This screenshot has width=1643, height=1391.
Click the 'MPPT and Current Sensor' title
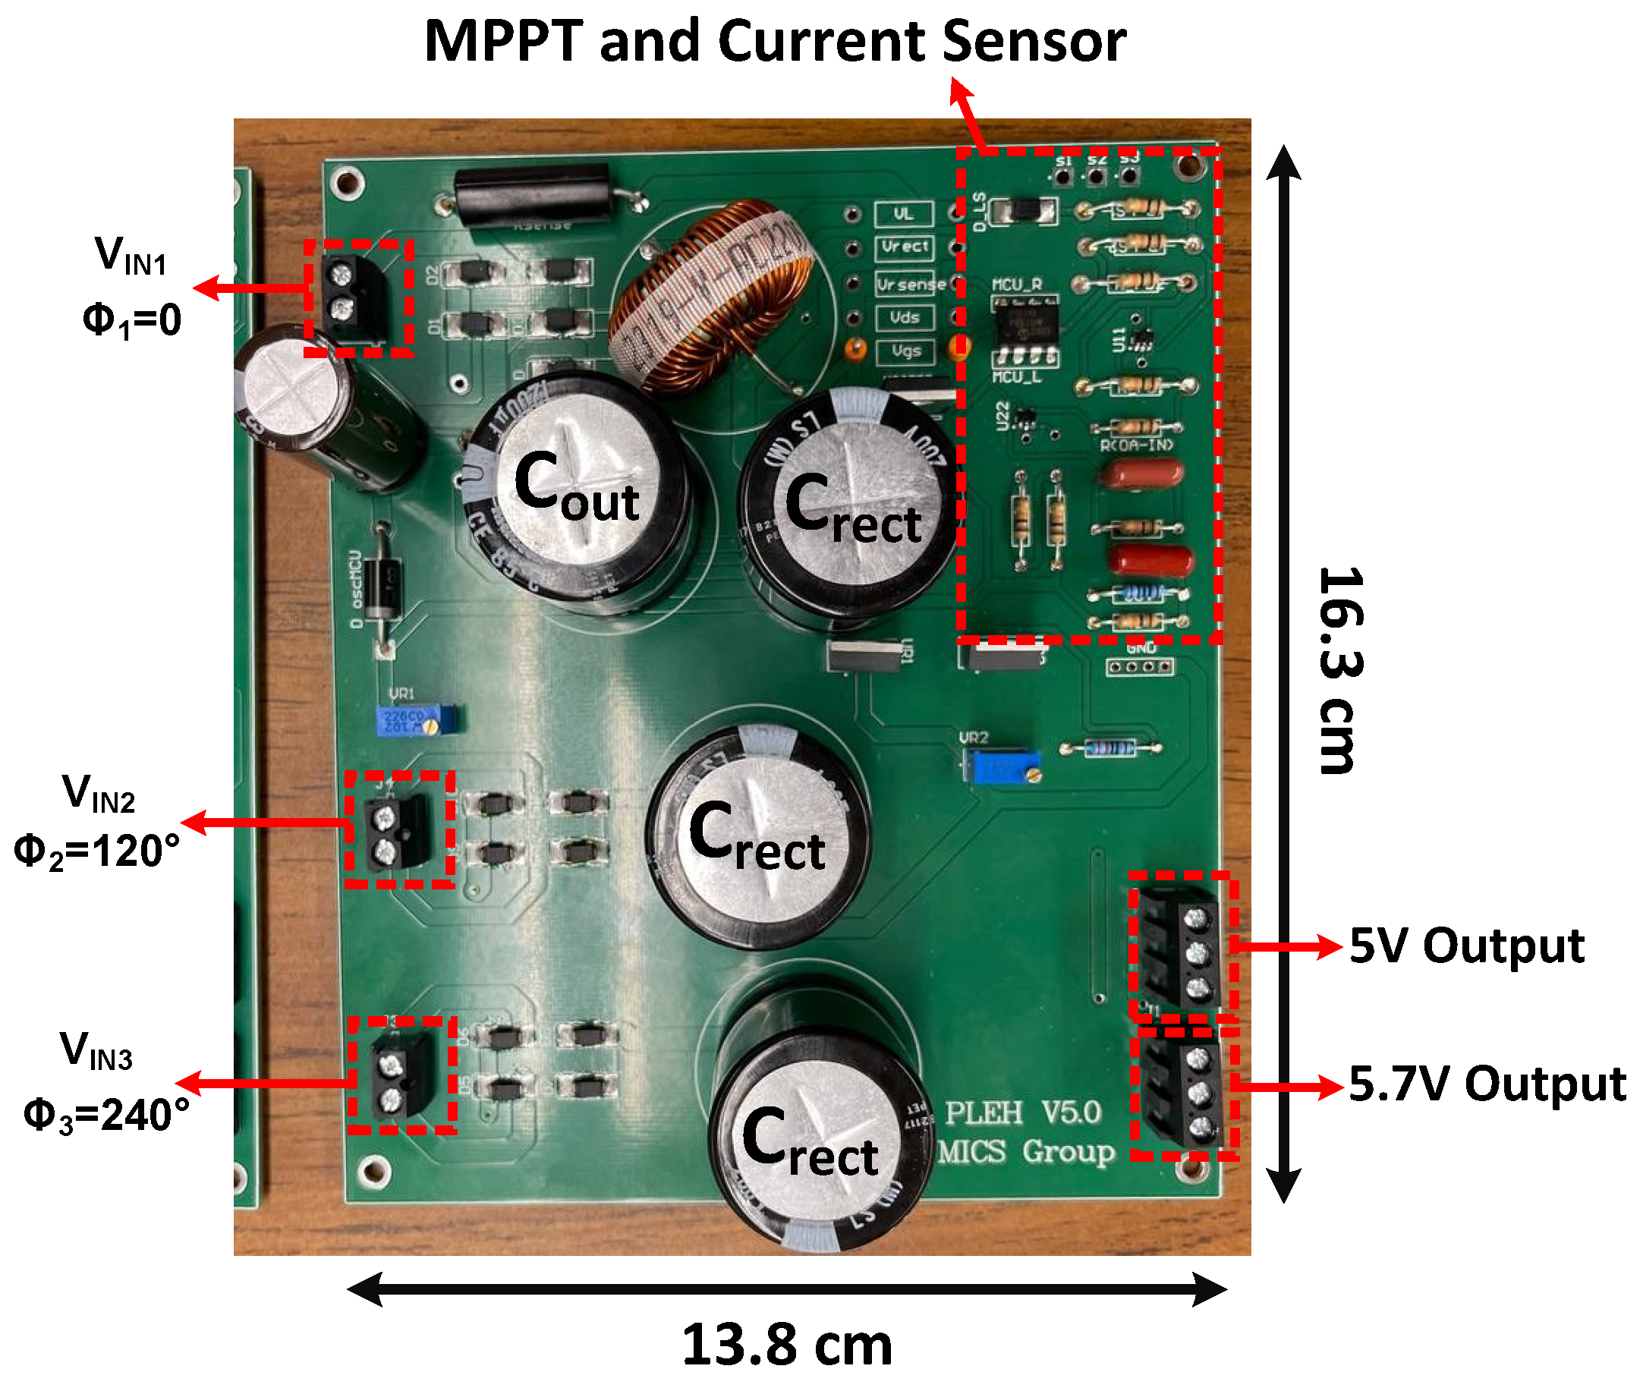pos(775,41)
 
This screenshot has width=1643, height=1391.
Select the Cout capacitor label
pos(576,487)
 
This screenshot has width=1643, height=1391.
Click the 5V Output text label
pos(1467,946)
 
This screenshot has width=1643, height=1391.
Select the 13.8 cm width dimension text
pos(787,1345)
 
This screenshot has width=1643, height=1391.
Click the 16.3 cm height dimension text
pos(1339,670)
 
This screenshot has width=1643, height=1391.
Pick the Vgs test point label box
pos(905,351)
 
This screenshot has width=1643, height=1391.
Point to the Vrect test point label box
pos(905,247)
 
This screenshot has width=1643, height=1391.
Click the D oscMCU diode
pos(385,587)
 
